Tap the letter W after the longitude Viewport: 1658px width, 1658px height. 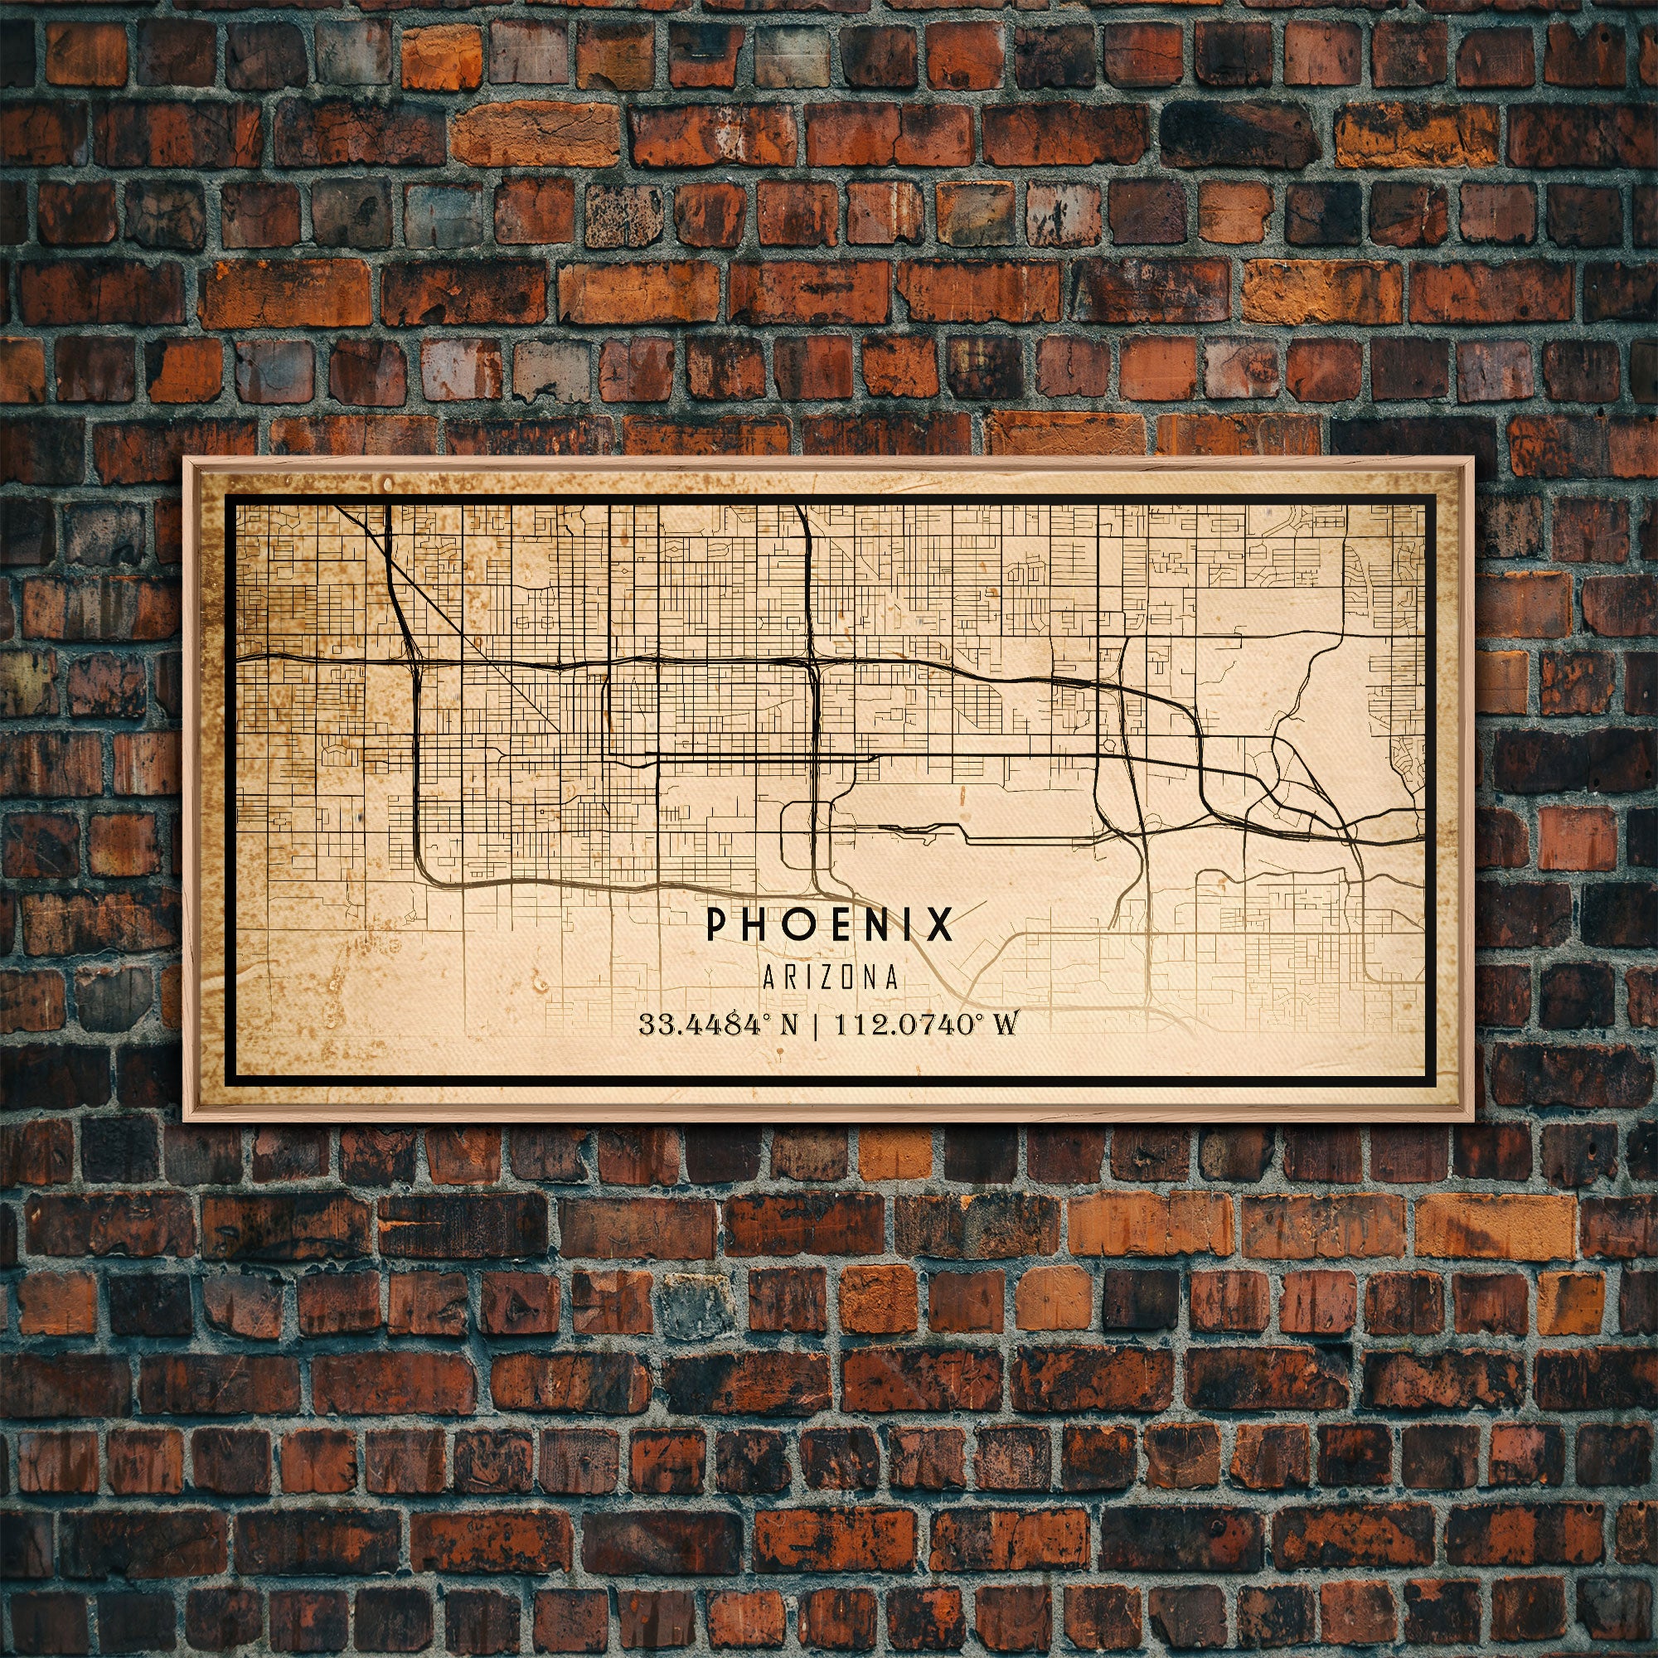point(1003,1025)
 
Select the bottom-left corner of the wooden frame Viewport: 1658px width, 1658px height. point(185,1122)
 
